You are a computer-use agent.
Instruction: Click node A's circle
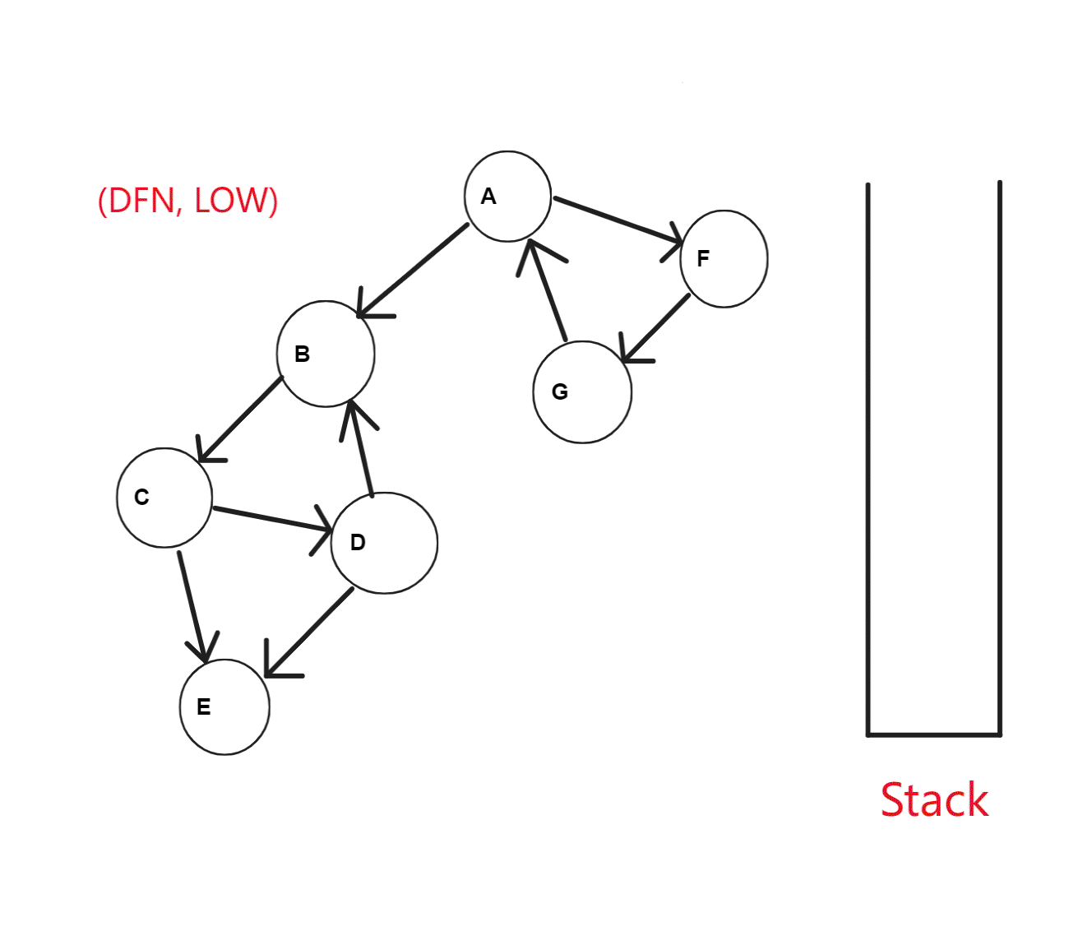pyautogui.click(x=507, y=197)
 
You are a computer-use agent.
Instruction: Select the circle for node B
pyautogui.click(x=326, y=354)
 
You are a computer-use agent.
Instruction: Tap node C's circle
pyautogui.click(x=164, y=498)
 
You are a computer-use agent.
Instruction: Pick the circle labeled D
pyautogui.click(x=384, y=543)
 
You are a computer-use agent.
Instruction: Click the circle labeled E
pyautogui.click(x=224, y=707)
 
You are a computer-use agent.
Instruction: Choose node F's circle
pyautogui.click(x=724, y=259)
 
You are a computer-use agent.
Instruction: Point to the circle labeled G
pyautogui.click(x=582, y=392)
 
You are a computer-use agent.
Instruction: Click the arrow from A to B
pyautogui.click(x=414, y=270)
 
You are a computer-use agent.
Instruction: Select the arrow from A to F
pyautogui.click(x=617, y=220)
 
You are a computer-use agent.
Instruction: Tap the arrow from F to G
pyautogui.click(x=656, y=327)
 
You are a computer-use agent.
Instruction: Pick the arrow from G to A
pyautogui.click(x=548, y=291)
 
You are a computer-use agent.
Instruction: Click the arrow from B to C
pyautogui.click(x=240, y=419)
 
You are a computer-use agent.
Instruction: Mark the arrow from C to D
pyautogui.click(x=271, y=519)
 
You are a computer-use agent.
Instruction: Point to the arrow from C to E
pyautogui.click(x=192, y=605)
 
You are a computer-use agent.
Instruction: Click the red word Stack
pyautogui.click(x=934, y=800)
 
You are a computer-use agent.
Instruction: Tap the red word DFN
pyautogui.click(x=141, y=201)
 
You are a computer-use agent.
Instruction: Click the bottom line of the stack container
pyautogui.click(x=934, y=734)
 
